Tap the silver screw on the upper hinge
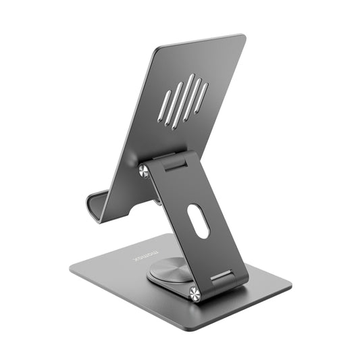[x=143, y=172]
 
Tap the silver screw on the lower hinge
[x=195, y=293]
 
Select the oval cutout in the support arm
[x=199, y=221]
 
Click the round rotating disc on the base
[x=166, y=269]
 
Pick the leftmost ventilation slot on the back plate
[x=163, y=106]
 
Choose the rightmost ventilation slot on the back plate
[x=201, y=97]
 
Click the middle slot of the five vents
[x=182, y=102]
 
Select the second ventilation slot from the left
[x=172, y=102]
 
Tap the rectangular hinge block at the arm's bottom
[x=223, y=276]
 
